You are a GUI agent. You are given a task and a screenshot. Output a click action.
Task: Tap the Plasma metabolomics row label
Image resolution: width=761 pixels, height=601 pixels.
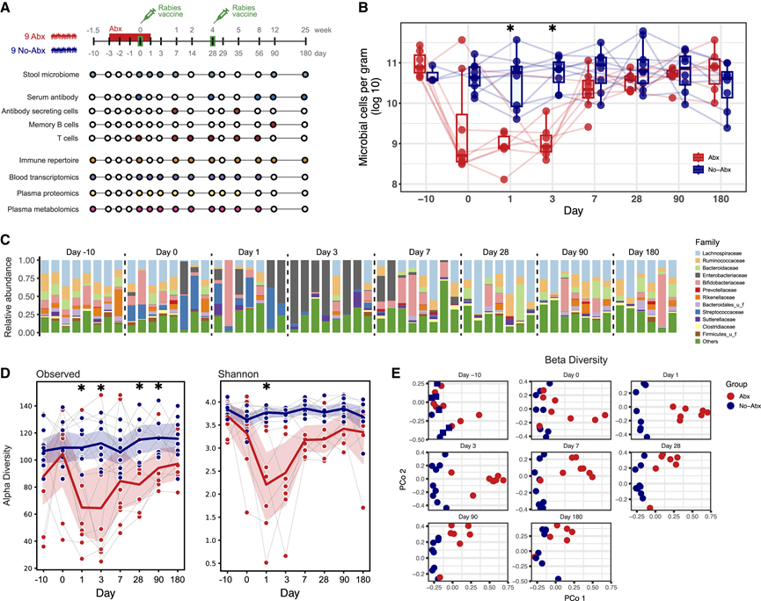tap(41, 209)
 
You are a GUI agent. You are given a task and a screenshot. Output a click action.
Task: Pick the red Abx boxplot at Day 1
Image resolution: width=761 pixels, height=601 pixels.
tap(504, 141)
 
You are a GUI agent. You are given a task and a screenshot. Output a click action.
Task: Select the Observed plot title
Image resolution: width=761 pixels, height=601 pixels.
tap(55, 373)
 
